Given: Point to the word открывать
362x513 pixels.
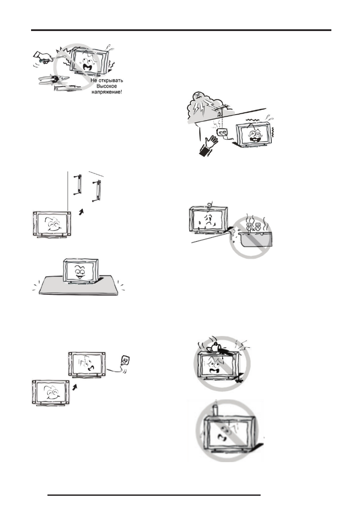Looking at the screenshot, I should (x=112, y=80).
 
